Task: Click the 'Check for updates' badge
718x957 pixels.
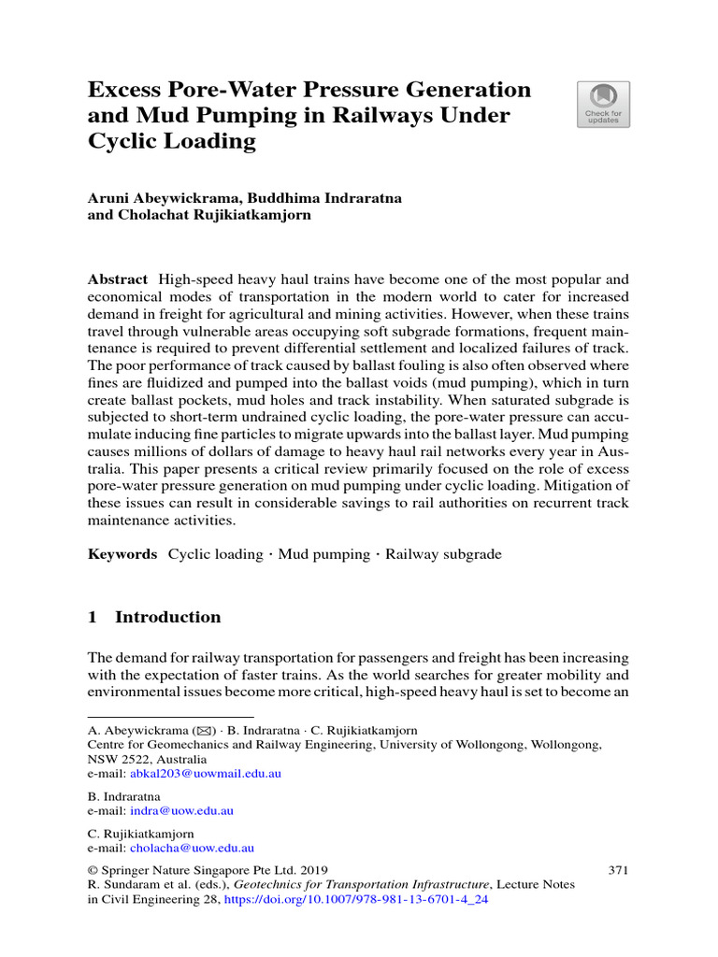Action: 604,104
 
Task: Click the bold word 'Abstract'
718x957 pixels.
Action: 118,279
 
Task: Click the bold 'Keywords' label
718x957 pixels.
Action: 122,554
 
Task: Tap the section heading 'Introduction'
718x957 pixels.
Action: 168,617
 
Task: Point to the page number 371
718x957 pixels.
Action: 618,869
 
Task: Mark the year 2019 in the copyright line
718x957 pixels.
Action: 312,869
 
